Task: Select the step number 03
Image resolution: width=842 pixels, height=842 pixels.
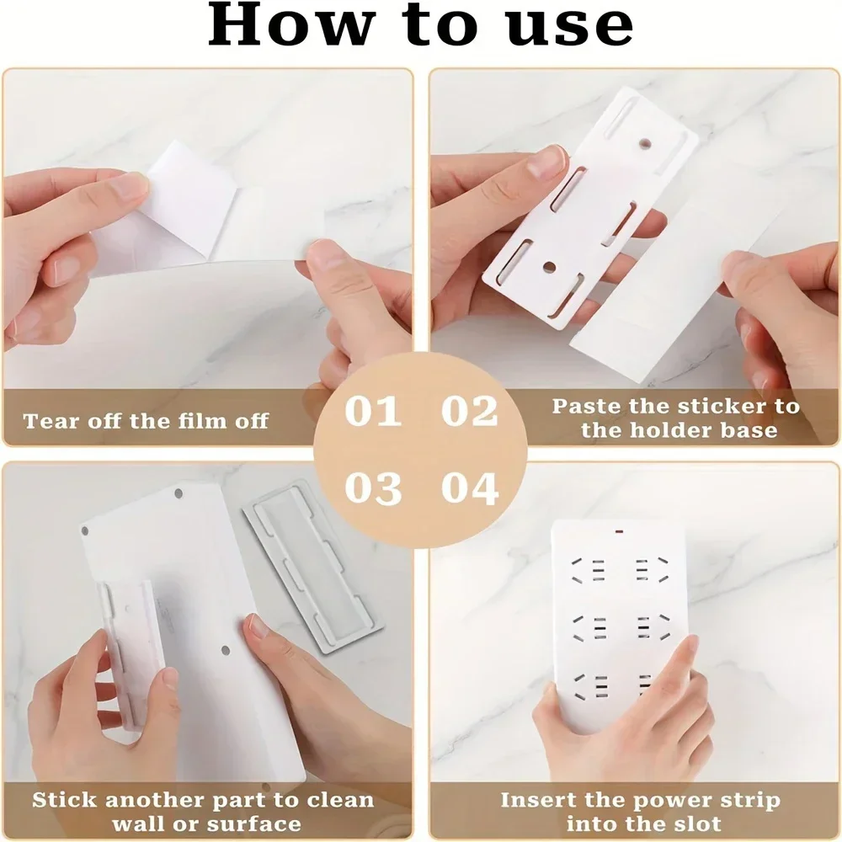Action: pos(372,488)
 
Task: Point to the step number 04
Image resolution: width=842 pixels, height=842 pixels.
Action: pos(470,488)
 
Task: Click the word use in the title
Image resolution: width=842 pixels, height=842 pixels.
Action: pos(573,26)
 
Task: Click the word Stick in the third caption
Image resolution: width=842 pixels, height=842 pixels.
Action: pos(63,800)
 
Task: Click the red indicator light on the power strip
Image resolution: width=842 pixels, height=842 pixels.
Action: pos(620,531)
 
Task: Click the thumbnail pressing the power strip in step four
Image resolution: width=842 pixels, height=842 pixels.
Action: pos(686,648)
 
